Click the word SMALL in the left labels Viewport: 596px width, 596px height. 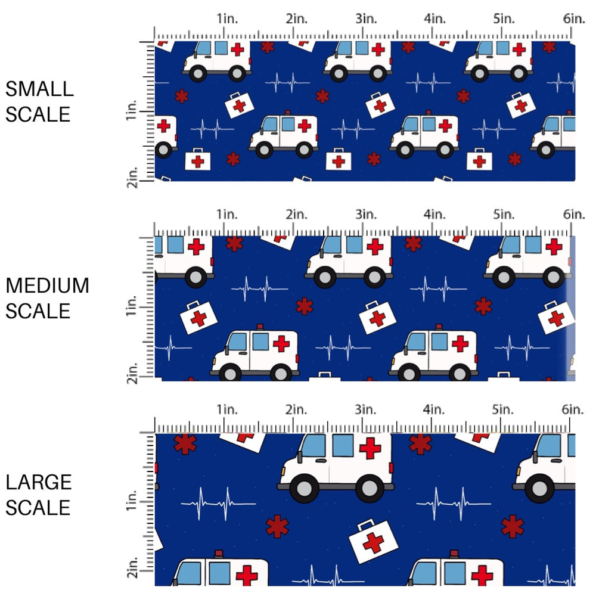pos(39,89)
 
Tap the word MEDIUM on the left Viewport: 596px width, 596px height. pos(47,286)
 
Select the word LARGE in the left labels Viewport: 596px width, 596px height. pos(39,483)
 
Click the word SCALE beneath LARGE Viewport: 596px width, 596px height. pos(39,508)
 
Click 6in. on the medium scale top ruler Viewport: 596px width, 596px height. pos(573,213)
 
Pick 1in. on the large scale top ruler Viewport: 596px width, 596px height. pos(226,409)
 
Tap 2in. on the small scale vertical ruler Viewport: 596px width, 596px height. pos(134,178)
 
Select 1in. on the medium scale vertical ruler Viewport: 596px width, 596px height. pos(134,309)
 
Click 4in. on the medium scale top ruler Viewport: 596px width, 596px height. pos(434,213)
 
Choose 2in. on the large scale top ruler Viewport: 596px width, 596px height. pos(296,409)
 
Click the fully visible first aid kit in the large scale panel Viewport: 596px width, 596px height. pos(374,541)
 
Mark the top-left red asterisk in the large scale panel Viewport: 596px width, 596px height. pos(185,444)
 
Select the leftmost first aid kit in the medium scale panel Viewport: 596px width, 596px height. pos(198,317)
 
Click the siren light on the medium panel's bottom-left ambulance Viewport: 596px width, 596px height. pos(259,327)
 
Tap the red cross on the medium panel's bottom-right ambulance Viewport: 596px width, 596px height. pos(460,344)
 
